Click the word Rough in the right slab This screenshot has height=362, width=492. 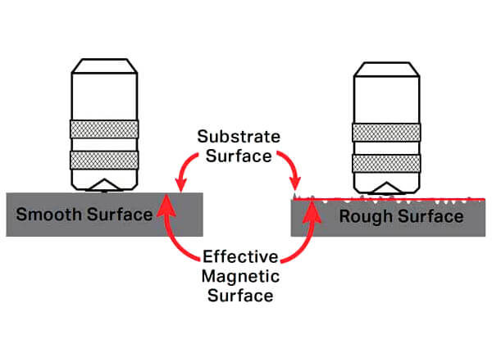pyautogui.click(x=362, y=217)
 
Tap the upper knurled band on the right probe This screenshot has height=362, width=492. pyautogui.click(x=388, y=131)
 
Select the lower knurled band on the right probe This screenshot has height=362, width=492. pyautogui.click(x=388, y=161)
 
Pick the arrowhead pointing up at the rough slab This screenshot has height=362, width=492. pyautogui.click(x=312, y=206)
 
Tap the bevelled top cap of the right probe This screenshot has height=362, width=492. pyautogui.click(x=388, y=69)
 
